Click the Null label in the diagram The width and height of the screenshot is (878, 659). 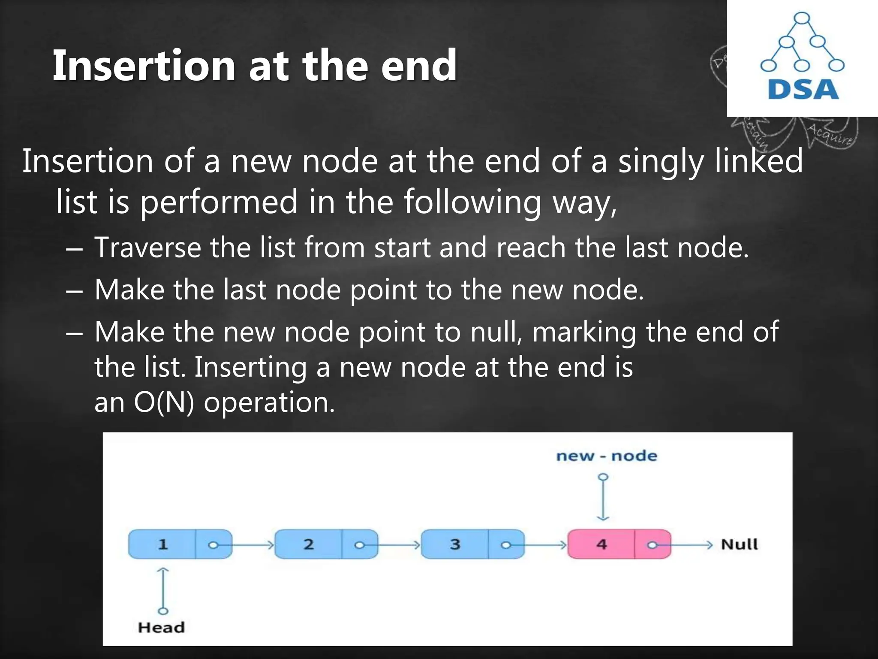[x=740, y=544]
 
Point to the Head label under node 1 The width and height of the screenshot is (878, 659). [x=161, y=628]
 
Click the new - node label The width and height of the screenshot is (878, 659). [x=607, y=456]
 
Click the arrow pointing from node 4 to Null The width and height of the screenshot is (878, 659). [x=686, y=545]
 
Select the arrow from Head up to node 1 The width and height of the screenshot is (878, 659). [x=163, y=590]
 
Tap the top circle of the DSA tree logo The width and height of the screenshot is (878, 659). [x=802, y=19]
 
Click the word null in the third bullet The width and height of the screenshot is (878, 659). [x=495, y=332]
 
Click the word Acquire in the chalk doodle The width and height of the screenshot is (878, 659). [x=830, y=134]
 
